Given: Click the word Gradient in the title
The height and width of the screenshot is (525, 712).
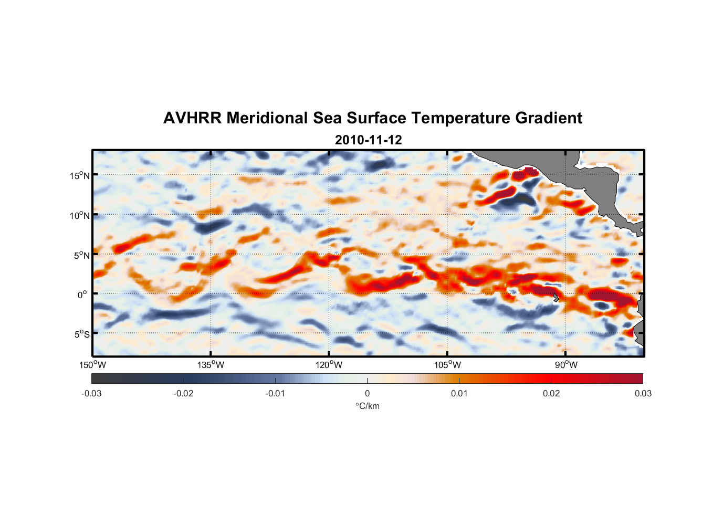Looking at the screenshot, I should (x=549, y=118).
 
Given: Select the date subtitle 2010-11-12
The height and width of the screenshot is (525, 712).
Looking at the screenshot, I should (x=368, y=140).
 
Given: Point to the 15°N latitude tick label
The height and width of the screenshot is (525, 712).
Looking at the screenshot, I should (x=80, y=175).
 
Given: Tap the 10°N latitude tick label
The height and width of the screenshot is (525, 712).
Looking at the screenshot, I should (x=80, y=215).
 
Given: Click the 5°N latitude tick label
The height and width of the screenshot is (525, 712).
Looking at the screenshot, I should (x=81, y=255).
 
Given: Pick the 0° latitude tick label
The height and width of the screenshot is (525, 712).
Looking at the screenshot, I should (x=82, y=295).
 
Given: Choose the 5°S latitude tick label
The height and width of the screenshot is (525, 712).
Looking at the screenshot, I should (x=81, y=334).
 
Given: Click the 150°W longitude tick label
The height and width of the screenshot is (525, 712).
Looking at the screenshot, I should (x=92, y=365).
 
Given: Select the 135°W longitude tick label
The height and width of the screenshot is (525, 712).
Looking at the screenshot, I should (x=211, y=365).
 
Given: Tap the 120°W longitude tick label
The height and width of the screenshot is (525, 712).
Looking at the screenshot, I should (x=329, y=365).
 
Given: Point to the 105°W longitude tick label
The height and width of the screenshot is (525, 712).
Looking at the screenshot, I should (x=447, y=365).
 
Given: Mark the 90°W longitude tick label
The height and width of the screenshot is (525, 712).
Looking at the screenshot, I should (x=566, y=365).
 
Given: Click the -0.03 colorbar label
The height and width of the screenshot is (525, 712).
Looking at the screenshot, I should (x=91, y=393).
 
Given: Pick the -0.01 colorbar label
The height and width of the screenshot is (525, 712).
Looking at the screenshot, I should (x=275, y=393).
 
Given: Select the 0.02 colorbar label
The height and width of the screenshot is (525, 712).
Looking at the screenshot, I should (x=551, y=393).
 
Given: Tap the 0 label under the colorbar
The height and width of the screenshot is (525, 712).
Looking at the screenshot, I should (x=367, y=393).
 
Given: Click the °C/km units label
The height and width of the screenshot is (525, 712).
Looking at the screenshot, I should (x=367, y=406).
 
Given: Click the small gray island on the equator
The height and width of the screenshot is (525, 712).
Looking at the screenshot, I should (x=556, y=297).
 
